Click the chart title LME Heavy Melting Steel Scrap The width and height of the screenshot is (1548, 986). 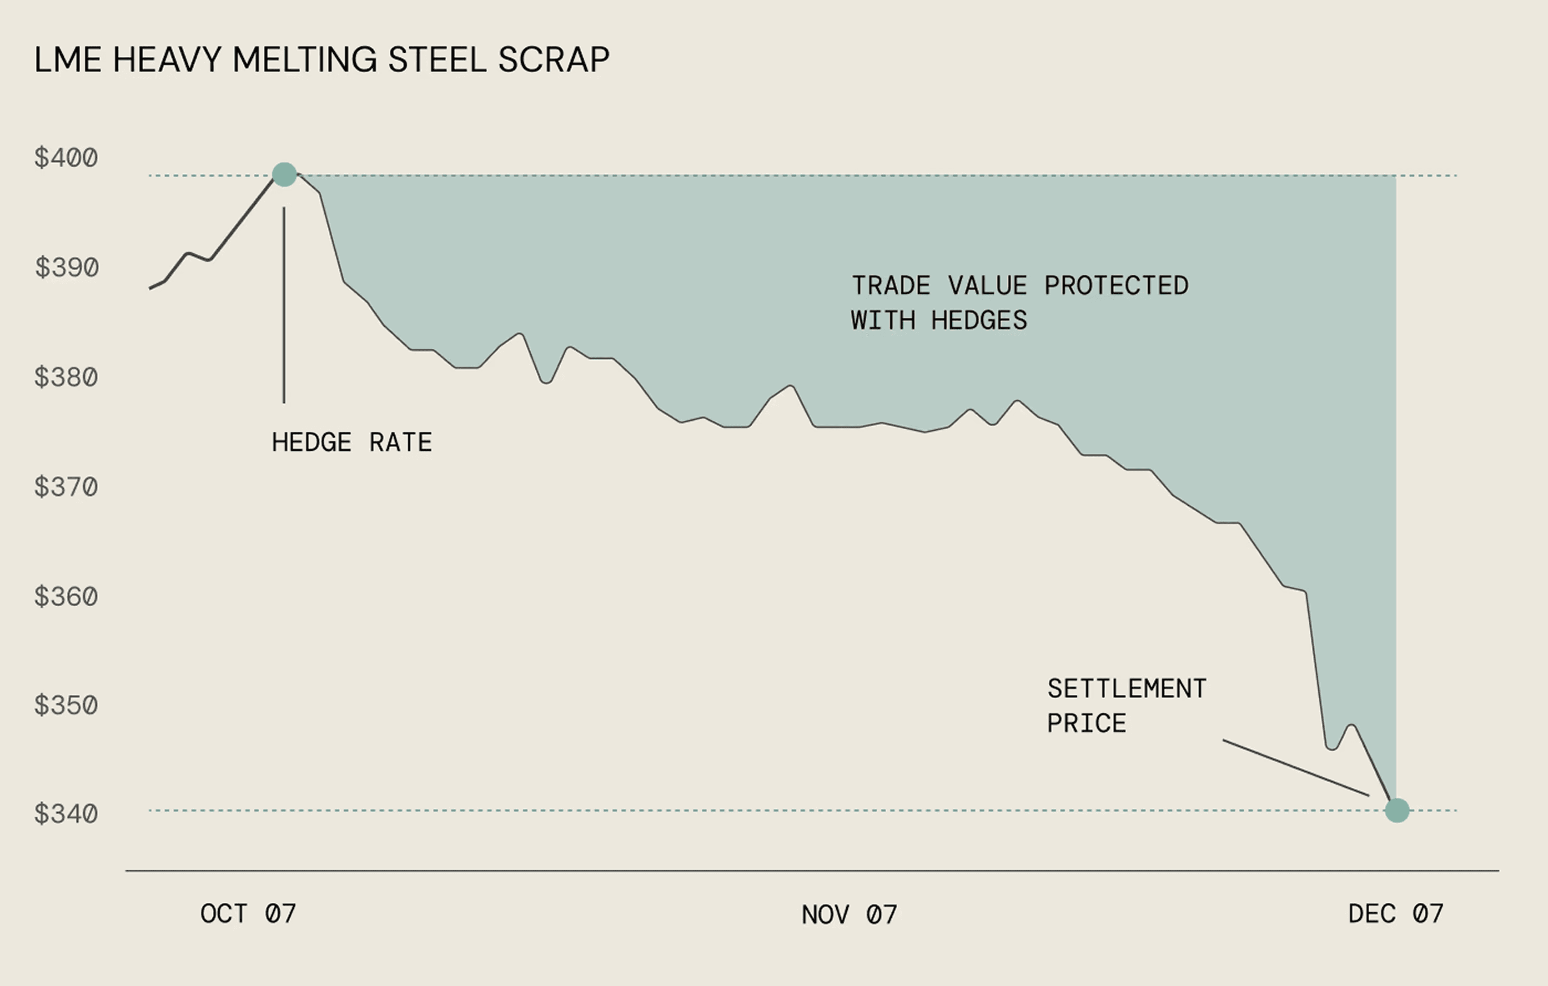click(x=322, y=60)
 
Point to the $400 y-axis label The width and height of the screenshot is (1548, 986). click(x=66, y=157)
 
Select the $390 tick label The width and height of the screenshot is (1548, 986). click(x=67, y=267)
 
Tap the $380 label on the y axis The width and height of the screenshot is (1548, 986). click(x=66, y=377)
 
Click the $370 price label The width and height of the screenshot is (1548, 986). click(x=66, y=487)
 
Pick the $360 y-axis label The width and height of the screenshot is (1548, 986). click(x=66, y=597)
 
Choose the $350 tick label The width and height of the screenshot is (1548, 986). click(x=66, y=705)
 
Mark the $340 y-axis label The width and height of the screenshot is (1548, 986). click(x=66, y=814)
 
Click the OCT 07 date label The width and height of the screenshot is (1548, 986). click(x=248, y=913)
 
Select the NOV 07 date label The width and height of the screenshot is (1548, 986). click(x=849, y=914)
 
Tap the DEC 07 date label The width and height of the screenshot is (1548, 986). click(x=1396, y=913)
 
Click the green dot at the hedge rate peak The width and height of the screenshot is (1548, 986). click(x=284, y=174)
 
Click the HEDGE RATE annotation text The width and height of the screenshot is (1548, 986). click(x=352, y=442)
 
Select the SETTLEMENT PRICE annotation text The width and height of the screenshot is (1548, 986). click(x=1126, y=706)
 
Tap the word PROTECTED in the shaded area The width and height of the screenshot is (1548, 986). click(x=1116, y=286)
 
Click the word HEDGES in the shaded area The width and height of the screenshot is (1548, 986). click(x=979, y=320)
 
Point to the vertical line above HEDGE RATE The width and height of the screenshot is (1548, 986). click(x=283, y=305)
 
